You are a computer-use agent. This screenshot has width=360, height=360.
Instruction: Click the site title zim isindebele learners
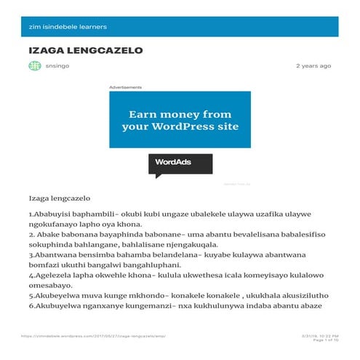[68, 27]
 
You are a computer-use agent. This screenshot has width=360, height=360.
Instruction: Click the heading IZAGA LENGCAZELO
[85, 51]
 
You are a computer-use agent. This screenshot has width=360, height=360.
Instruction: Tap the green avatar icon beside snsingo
[34, 66]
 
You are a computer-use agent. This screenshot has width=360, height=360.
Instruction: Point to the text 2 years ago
[313, 66]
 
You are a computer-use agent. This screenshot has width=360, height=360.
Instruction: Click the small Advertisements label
[125, 87]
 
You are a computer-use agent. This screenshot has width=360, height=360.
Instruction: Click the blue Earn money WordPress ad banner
[180, 120]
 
